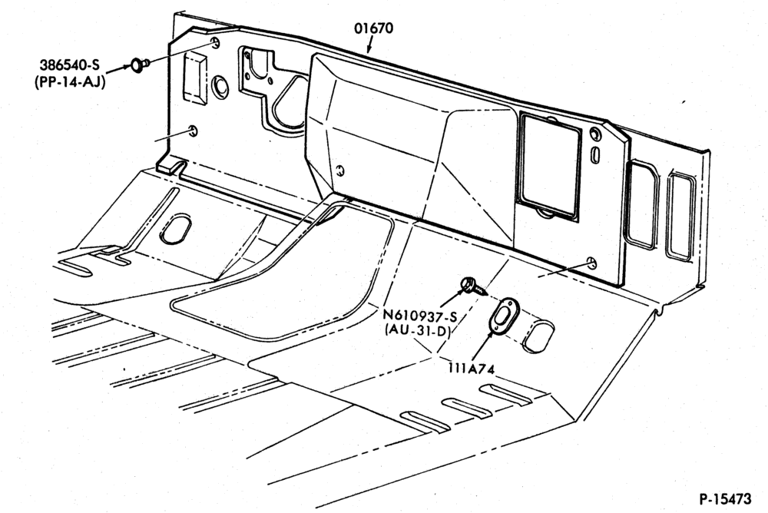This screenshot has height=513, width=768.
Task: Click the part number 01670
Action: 374,28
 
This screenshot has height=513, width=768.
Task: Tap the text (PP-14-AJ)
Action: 70,82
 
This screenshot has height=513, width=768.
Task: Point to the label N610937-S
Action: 420,316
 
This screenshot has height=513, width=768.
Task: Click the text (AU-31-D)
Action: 418,331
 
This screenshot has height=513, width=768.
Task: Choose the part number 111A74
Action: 472,368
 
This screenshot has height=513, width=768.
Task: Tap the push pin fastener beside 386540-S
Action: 138,65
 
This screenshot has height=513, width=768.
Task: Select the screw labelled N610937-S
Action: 474,286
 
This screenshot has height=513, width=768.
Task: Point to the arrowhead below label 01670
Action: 368,49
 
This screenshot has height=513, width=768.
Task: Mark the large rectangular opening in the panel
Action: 550,165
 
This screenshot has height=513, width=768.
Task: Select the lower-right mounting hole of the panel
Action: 592,263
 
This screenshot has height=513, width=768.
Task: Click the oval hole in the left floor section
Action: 176,228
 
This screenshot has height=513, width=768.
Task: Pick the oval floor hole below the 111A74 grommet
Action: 538,336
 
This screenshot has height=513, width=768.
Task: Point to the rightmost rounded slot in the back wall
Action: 680,216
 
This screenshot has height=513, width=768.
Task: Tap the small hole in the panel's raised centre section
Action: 339,170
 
